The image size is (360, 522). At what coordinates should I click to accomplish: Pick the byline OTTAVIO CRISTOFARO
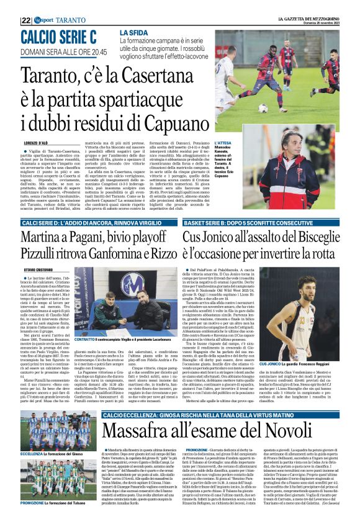pos(38,269)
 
